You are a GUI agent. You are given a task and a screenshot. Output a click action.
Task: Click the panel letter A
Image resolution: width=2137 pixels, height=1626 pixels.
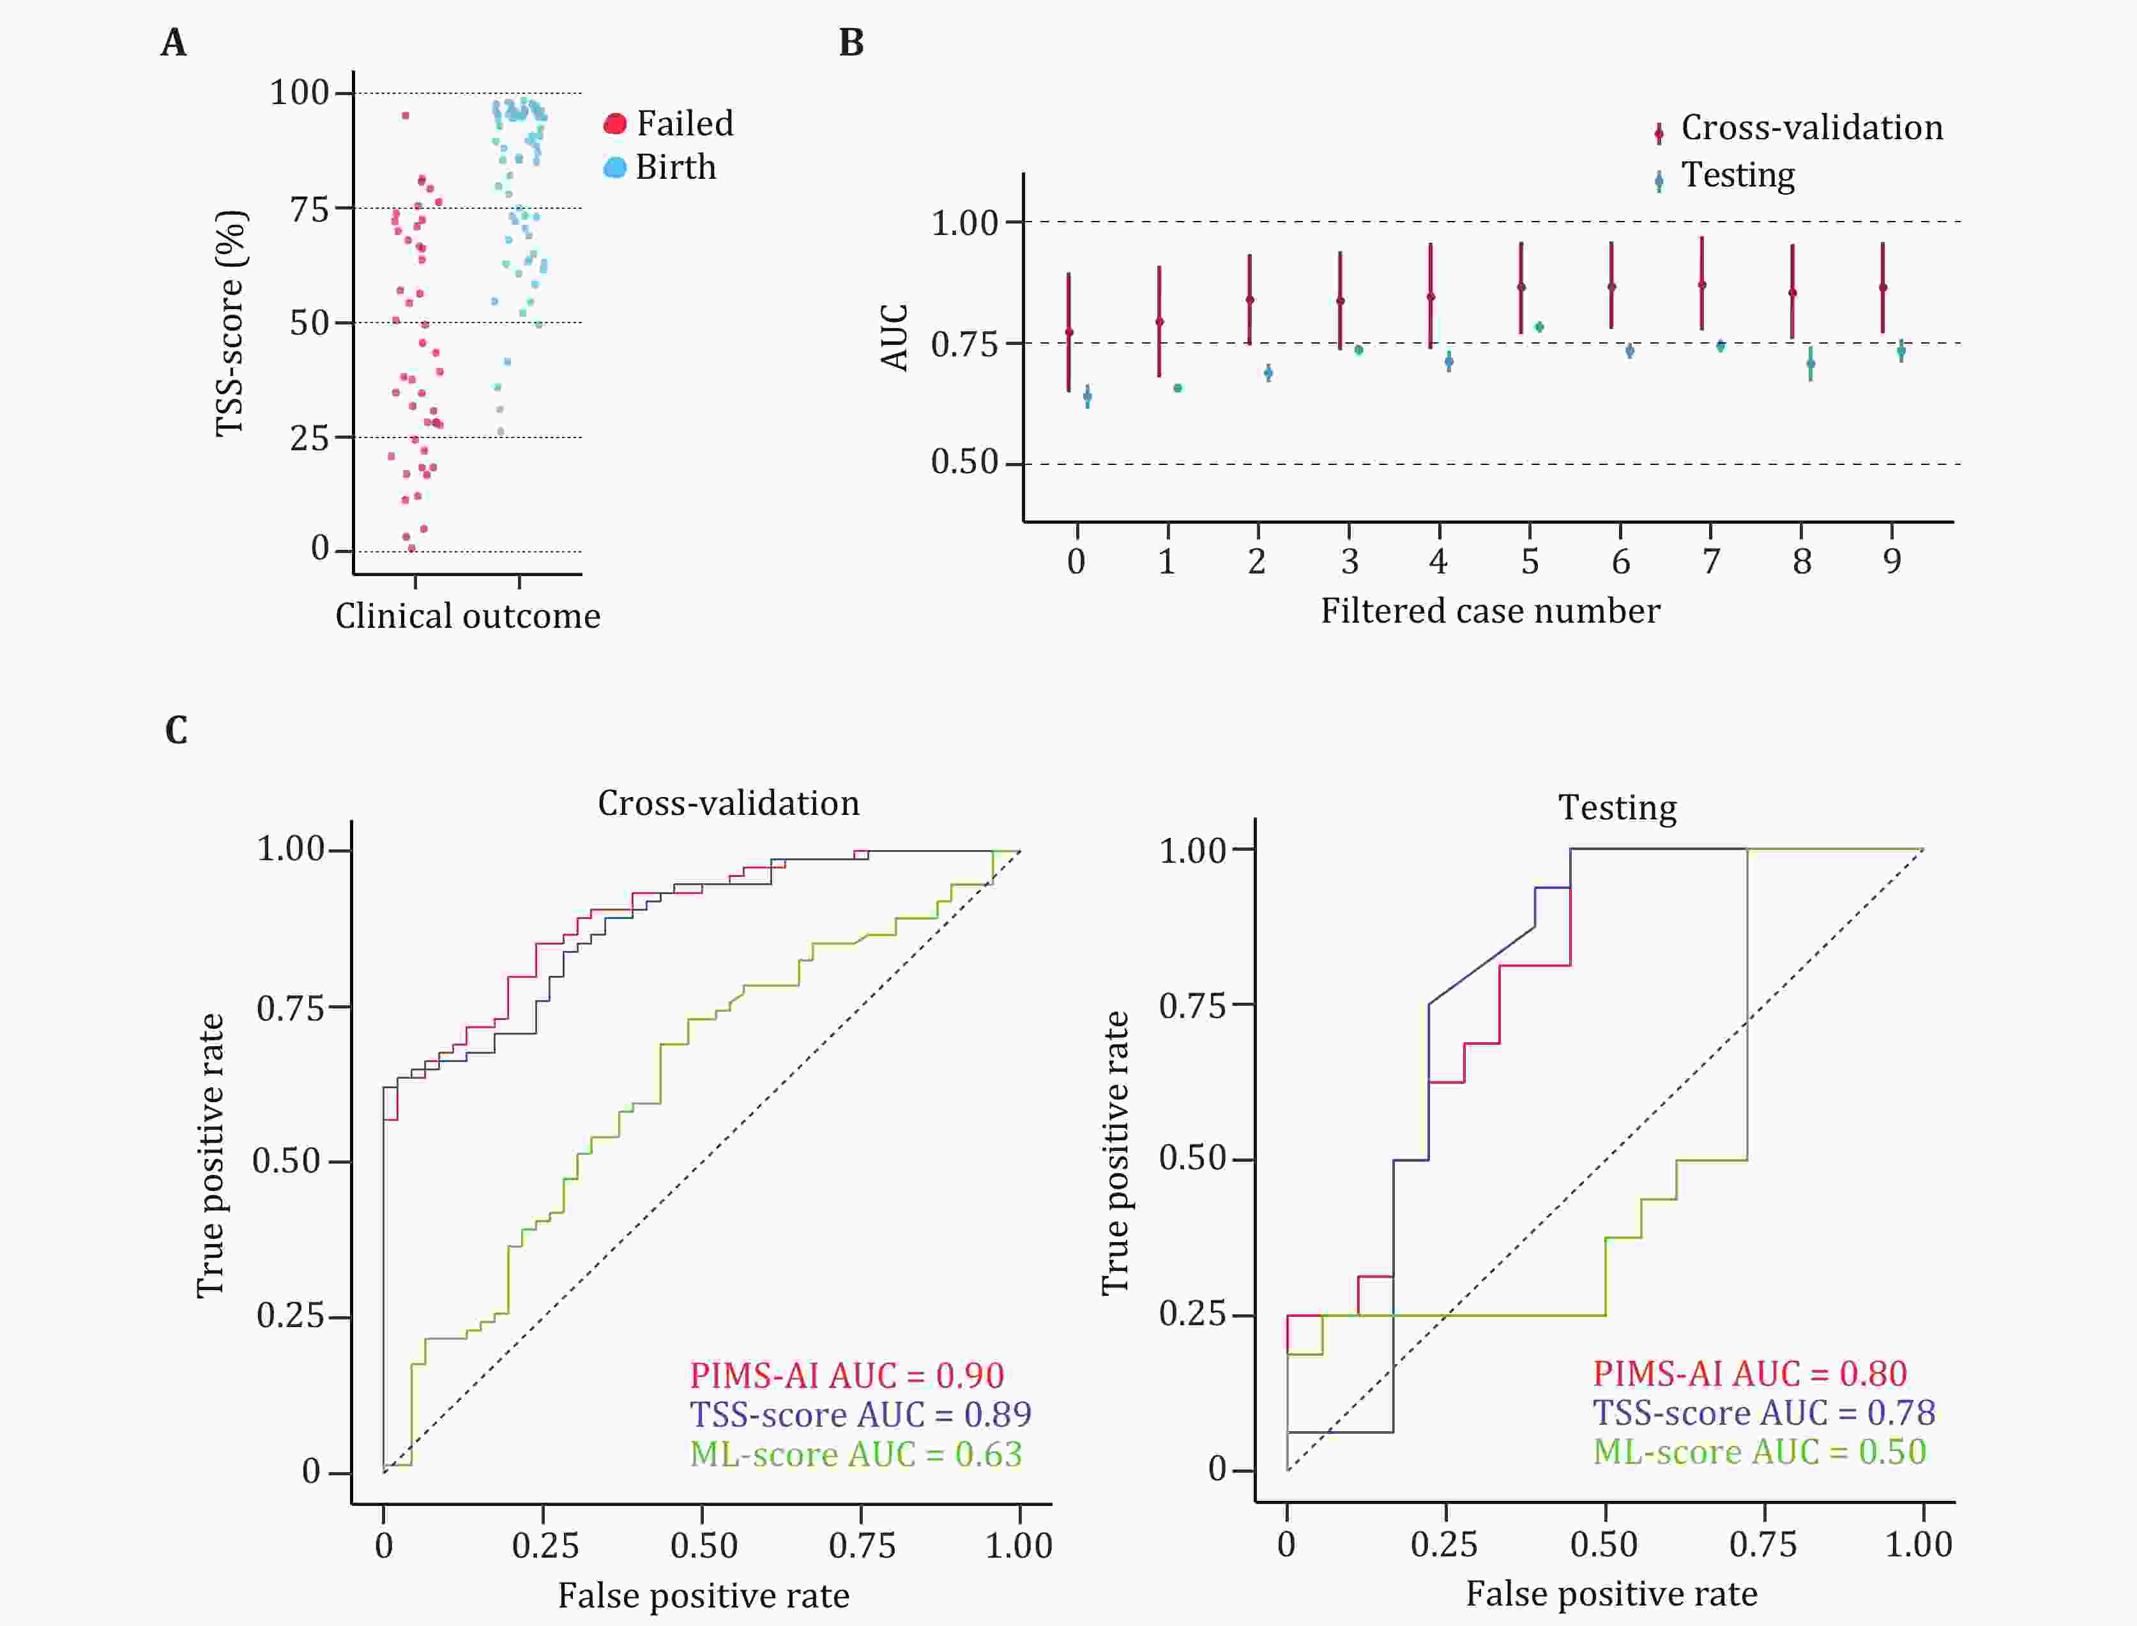pyautogui.click(x=173, y=43)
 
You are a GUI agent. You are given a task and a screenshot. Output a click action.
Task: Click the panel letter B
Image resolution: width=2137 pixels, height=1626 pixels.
pyautogui.click(x=851, y=43)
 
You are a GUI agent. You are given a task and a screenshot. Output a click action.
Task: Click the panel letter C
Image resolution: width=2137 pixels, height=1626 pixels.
pyautogui.click(x=176, y=730)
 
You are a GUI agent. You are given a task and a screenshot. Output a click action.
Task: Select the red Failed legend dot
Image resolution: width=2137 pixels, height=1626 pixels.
pyautogui.click(x=614, y=124)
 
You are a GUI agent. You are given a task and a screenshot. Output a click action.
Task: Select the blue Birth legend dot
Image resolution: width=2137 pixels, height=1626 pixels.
pyautogui.click(x=614, y=167)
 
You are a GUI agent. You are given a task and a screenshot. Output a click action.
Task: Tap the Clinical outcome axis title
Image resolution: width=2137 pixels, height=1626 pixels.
pyautogui.click(x=468, y=616)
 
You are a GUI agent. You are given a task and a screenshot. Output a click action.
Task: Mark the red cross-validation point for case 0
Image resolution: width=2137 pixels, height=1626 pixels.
pyautogui.click(x=1068, y=332)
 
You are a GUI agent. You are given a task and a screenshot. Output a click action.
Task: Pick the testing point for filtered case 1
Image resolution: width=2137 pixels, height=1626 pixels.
pyautogui.click(x=1178, y=388)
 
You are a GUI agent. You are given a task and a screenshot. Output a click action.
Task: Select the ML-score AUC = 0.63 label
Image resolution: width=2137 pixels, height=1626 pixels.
pyautogui.click(x=856, y=1454)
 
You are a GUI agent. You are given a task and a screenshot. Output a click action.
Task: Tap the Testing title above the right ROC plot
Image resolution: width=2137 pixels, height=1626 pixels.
pyautogui.click(x=1617, y=807)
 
